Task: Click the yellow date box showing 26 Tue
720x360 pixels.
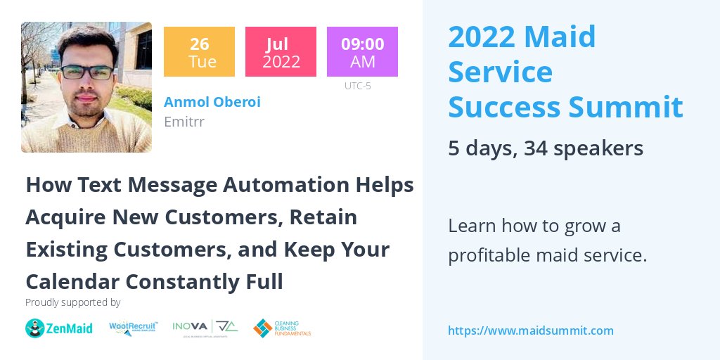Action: pyautogui.click(x=199, y=51)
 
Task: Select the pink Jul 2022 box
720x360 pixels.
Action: pyautogui.click(x=281, y=51)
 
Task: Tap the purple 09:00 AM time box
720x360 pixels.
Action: pyautogui.click(x=362, y=51)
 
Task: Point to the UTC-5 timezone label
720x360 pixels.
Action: pyautogui.click(x=357, y=86)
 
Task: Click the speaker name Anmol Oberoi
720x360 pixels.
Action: pyautogui.click(x=212, y=102)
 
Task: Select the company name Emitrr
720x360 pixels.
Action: pyautogui.click(x=184, y=121)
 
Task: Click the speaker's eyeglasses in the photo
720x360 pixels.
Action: pyautogui.click(x=87, y=72)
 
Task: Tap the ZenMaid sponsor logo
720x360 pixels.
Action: pyautogui.click(x=59, y=328)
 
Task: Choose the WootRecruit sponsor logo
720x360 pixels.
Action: pyautogui.click(x=134, y=328)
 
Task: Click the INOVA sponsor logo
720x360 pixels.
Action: pyautogui.click(x=205, y=328)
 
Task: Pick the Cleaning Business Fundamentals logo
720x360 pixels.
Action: pyautogui.click(x=282, y=328)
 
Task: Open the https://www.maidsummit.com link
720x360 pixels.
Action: pyautogui.click(x=530, y=330)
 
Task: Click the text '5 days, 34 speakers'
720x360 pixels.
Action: pyautogui.click(x=545, y=148)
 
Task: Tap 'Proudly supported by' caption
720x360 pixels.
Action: pyautogui.click(x=72, y=303)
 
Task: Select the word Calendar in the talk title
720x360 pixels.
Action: pyautogui.click(x=72, y=281)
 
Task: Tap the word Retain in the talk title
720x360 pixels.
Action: pyautogui.click(x=323, y=217)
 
